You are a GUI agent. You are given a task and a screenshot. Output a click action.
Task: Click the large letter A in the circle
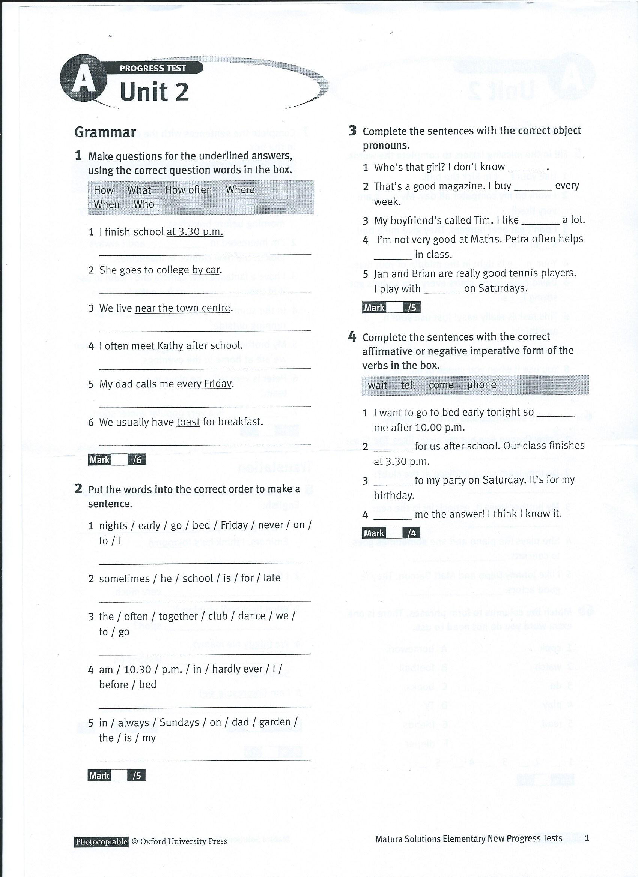click(x=83, y=82)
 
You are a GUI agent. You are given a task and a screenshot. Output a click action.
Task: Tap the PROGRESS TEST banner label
click(x=152, y=68)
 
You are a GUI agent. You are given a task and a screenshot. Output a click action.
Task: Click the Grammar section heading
click(x=105, y=132)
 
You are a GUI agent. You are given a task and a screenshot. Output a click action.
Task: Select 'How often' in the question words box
click(x=188, y=190)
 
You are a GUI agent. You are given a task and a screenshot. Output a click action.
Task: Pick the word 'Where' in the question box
click(x=240, y=189)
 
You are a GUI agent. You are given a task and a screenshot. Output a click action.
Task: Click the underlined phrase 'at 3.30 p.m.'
click(x=195, y=232)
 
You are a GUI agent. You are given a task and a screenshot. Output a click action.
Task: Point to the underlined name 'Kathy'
click(x=170, y=346)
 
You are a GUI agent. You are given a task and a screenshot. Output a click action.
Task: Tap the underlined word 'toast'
click(x=188, y=422)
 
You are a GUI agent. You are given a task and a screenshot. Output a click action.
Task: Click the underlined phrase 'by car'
click(x=206, y=270)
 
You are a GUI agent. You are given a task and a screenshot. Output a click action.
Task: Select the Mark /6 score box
click(x=116, y=460)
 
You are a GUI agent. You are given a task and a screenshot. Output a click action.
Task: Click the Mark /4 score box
click(x=391, y=533)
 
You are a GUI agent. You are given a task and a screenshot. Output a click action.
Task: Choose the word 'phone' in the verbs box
click(x=482, y=385)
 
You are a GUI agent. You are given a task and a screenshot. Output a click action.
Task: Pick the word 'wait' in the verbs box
click(x=378, y=385)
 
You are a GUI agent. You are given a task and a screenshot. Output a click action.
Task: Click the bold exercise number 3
click(x=352, y=131)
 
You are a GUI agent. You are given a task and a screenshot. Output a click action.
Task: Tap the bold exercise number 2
click(x=78, y=489)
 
